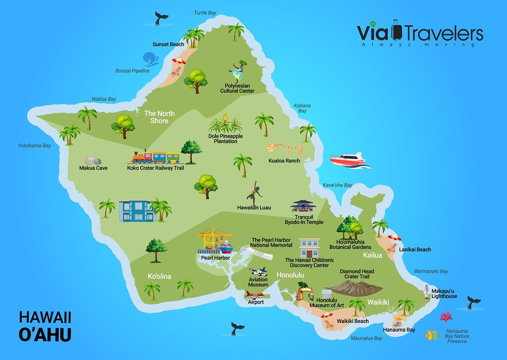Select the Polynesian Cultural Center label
[x=237, y=88]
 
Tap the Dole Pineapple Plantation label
[x=225, y=138]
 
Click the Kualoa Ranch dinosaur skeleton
[x=286, y=148]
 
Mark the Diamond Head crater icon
[x=354, y=287]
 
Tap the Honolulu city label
[x=290, y=275]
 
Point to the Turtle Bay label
[x=205, y=12]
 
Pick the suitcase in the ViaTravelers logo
[x=397, y=32]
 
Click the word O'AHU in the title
[x=45, y=334]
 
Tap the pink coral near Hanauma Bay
[x=447, y=317]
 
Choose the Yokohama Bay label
[x=35, y=146]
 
